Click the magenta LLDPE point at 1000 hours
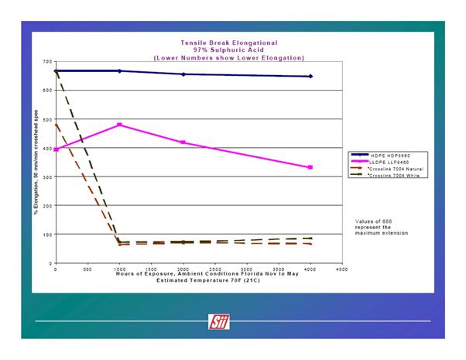pyautogui.click(x=119, y=125)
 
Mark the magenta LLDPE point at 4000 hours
pyautogui.click(x=310, y=167)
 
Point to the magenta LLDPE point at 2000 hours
pyautogui.click(x=183, y=142)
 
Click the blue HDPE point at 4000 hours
pyautogui.click(x=310, y=76)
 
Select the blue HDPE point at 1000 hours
pyautogui.click(x=119, y=70)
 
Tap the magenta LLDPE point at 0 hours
pyautogui.click(x=56, y=149)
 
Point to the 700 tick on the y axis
pyautogui.click(x=47, y=61)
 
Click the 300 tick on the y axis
pyautogui.click(x=47, y=177)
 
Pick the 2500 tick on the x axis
pyautogui.click(x=214, y=269)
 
